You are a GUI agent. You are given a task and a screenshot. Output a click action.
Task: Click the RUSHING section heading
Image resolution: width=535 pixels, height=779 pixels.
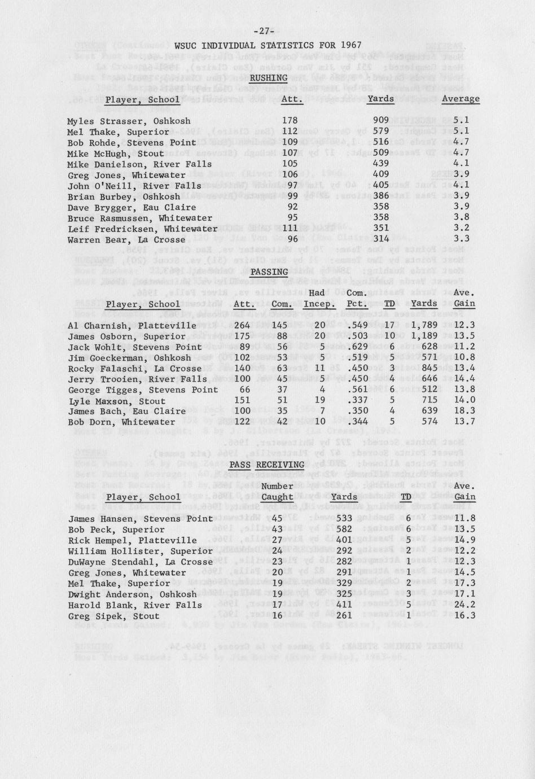tap(268, 78)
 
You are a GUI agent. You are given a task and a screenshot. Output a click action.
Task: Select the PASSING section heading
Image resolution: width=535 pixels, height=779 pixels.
tap(269, 272)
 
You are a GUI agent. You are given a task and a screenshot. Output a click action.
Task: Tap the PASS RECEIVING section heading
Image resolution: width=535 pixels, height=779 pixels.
tap(267, 465)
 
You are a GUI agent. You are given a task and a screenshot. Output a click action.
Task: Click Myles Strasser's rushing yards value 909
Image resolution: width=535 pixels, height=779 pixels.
tap(381, 121)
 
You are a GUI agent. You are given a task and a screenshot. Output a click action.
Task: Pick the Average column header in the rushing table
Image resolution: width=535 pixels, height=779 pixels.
tap(461, 99)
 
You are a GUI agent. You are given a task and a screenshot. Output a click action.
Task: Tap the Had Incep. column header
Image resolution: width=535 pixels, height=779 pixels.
tap(319, 299)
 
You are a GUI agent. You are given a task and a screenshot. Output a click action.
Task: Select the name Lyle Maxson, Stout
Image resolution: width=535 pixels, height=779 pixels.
tap(117, 401)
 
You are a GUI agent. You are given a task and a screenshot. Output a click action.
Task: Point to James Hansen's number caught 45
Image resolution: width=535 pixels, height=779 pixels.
tap(277, 519)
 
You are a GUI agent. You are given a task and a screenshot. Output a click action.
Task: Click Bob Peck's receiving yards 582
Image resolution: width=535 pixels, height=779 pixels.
tap(343, 529)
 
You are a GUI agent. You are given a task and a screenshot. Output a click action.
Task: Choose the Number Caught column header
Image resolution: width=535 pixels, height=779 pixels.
tap(277, 492)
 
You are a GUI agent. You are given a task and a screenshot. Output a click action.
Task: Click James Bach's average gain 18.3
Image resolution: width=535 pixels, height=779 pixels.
tap(464, 412)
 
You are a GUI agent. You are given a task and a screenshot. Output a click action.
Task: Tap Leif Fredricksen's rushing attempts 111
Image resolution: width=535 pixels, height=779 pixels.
tap(289, 229)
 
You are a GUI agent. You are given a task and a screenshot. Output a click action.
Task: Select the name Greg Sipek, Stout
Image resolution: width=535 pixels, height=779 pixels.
tap(113, 616)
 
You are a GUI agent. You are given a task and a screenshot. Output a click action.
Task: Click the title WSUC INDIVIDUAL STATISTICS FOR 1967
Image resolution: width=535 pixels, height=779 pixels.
tap(267, 46)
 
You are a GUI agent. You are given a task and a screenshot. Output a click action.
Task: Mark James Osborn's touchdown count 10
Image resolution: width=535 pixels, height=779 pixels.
tap(389, 336)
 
